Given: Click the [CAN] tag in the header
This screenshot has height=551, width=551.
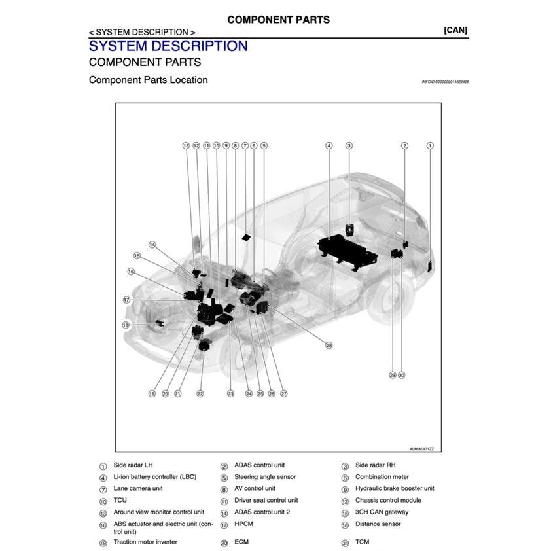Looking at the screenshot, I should click(455, 30).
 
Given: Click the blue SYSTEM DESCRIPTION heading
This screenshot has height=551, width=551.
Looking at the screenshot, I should click(168, 46).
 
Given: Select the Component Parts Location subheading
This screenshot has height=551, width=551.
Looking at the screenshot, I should click(148, 80).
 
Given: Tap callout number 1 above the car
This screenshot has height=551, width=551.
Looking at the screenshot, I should click(430, 146).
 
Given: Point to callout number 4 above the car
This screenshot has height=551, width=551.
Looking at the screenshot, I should click(329, 146).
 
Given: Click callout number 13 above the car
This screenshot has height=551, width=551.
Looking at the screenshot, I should click(186, 146).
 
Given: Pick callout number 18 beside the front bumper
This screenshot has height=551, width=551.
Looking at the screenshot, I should click(126, 325).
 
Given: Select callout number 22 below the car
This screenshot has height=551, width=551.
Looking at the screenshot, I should click(200, 394).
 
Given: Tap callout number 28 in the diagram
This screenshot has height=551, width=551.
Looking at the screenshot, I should click(329, 346).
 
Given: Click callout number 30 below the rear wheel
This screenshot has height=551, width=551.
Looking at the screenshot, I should click(402, 375).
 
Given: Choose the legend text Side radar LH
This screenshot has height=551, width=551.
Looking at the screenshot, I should click(133, 465).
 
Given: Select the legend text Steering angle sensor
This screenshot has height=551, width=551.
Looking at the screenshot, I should click(265, 477).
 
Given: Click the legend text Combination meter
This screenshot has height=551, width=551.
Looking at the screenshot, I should click(382, 477).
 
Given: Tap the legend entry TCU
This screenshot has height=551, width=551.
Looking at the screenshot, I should click(120, 500).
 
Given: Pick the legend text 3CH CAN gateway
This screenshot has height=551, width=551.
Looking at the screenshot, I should click(382, 512).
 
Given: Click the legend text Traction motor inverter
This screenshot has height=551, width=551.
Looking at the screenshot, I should click(145, 542).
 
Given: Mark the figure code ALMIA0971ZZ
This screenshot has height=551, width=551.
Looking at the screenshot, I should click(421, 449).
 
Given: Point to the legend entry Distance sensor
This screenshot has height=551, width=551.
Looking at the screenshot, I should click(378, 524).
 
